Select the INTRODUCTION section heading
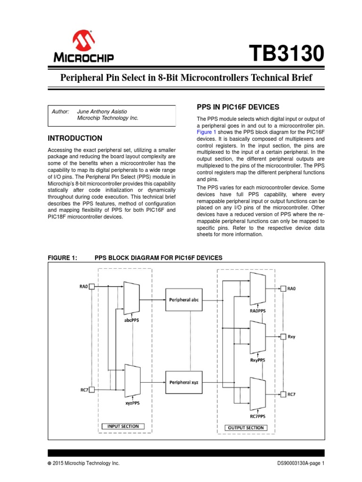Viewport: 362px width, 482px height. tap(75, 138)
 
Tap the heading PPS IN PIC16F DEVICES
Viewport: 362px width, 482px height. tap(238, 106)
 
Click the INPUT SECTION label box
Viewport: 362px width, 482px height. tap(123, 426)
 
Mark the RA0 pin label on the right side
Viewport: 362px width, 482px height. tap(291, 289)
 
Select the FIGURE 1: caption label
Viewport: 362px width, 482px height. tap(63, 257)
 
